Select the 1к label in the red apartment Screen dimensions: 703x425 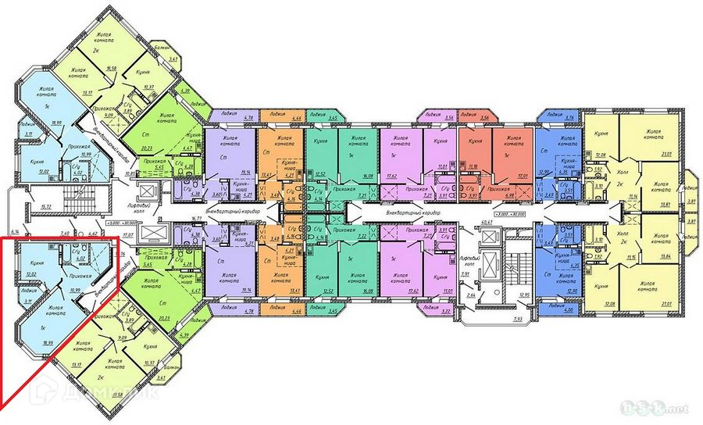(x=508, y=156)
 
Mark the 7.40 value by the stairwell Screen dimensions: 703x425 (x=66, y=233)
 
